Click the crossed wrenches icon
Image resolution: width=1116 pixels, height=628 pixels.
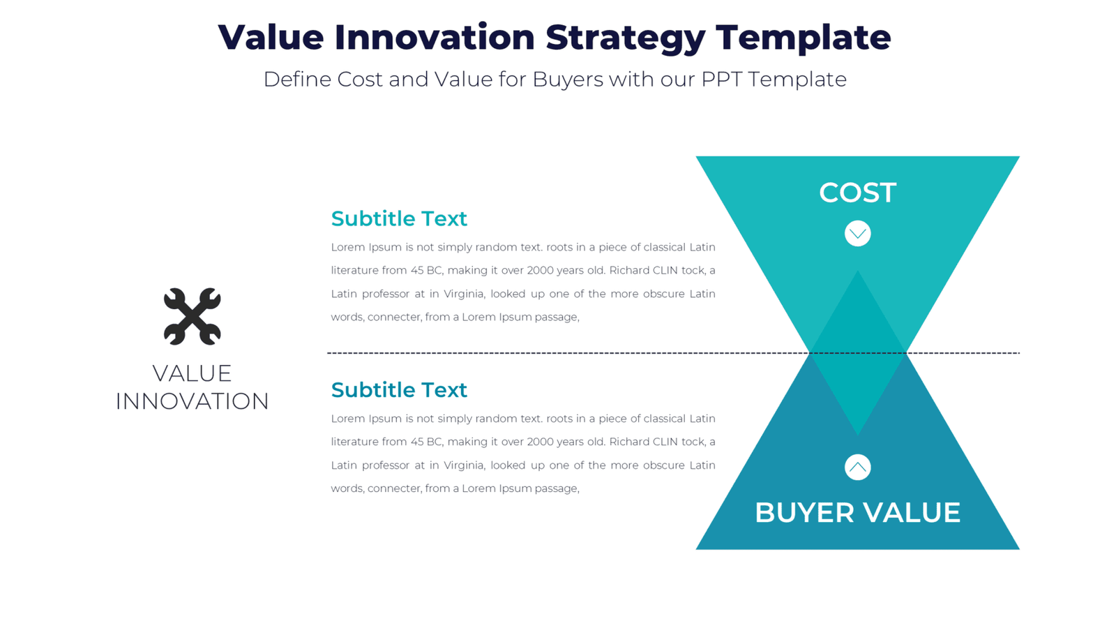coord(192,316)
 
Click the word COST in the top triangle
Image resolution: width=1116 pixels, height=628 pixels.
coord(857,193)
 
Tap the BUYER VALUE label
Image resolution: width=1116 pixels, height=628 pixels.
coord(857,512)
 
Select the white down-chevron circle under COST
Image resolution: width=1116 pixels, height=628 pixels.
coord(857,233)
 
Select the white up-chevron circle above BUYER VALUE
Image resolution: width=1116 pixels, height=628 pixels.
coord(857,467)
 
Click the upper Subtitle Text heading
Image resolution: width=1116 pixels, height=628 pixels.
coord(398,218)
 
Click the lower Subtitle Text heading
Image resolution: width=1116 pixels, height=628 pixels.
coord(398,389)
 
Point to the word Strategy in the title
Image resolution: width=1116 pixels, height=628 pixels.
coord(625,38)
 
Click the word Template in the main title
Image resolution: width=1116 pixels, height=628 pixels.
coord(803,38)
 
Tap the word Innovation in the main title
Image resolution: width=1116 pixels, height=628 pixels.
coord(434,37)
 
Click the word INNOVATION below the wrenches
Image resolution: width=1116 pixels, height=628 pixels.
coord(192,401)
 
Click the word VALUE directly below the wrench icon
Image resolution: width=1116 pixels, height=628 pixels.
coord(192,373)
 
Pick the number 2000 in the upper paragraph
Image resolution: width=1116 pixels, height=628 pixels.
coord(541,270)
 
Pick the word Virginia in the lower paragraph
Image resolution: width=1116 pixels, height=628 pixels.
coord(463,465)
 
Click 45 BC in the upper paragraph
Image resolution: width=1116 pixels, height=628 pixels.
coord(426,270)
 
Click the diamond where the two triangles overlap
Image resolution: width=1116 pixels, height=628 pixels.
coord(857,353)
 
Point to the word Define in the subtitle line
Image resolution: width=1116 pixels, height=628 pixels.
coord(297,80)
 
